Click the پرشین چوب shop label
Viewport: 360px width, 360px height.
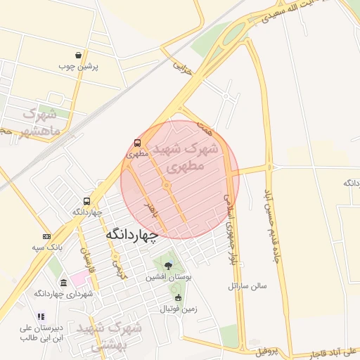click(78, 67)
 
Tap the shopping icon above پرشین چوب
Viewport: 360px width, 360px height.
click(78, 55)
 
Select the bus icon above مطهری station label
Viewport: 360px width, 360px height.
click(138, 143)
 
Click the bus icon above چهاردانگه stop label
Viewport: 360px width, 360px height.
click(86, 201)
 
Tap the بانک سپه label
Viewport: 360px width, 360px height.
click(47, 247)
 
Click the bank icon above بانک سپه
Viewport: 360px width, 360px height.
click(46, 236)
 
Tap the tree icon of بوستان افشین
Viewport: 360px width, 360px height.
click(168, 265)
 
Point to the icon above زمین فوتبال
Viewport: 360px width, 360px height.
click(178, 297)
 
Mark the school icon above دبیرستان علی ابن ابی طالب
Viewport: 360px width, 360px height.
click(41, 316)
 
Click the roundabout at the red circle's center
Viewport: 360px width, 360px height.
click(167, 185)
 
